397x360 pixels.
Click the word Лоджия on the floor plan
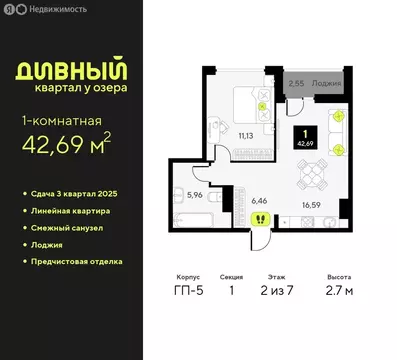click(327, 84)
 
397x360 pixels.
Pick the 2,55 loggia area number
click(296, 84)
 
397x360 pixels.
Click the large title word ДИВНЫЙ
click(75, 72)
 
